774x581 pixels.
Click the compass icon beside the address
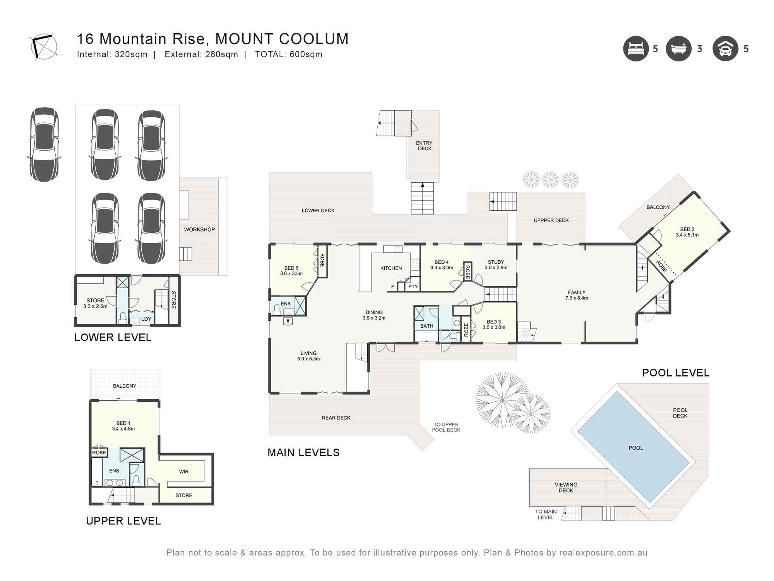[x=43, y=47]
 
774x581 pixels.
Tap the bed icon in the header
[x=635, y=49]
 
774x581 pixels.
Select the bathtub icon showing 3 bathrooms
[x=678, y=49]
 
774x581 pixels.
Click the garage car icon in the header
[x=725, y=49]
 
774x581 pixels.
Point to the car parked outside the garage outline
[x=45, y=144]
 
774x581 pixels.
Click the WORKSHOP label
[x=199, y=230]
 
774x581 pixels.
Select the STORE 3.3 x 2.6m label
[x=95, y=303]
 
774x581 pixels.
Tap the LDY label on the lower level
[x=146, y=319]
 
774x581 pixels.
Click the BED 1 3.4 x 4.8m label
[x=123, y=426]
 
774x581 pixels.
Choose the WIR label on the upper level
[x=184, y=472]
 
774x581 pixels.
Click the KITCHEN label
[x=391, y=268]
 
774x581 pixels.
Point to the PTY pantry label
[x=413, y=287]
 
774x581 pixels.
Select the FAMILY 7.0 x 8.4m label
[x=577, y=295]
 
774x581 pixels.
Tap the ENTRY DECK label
[x=425, y=146]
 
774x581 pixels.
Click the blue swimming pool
[x=633, y=447]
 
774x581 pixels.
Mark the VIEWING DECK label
[x=566, y=487]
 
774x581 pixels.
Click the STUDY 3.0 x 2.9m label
[x=496, y=265]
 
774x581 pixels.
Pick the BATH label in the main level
[x=426, y=326]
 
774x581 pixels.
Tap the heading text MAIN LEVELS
[x=303, y=452]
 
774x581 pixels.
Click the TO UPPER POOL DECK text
[x=446, y=427]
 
